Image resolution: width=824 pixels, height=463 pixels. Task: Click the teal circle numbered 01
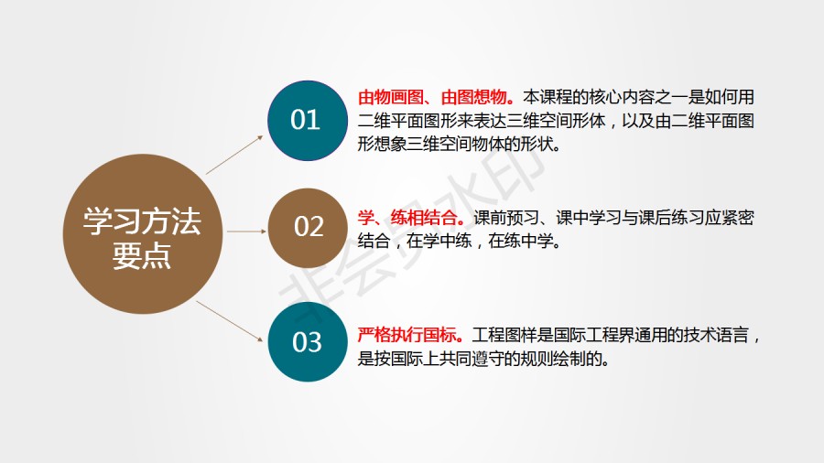308,120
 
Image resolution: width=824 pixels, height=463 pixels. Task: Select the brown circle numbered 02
308,228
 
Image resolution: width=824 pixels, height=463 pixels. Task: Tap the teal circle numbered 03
308,341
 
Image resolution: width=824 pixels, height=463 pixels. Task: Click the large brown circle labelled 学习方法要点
143,233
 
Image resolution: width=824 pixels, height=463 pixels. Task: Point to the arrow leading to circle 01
234,155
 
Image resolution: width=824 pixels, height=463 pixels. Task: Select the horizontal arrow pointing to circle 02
246,231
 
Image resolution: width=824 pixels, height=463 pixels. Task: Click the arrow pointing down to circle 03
230,321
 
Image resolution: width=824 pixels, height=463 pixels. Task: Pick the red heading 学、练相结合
411,218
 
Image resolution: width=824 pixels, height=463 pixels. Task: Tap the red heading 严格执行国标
410,335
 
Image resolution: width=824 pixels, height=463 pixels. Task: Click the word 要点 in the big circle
142,256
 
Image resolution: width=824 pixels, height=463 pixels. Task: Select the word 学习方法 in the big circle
142,221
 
